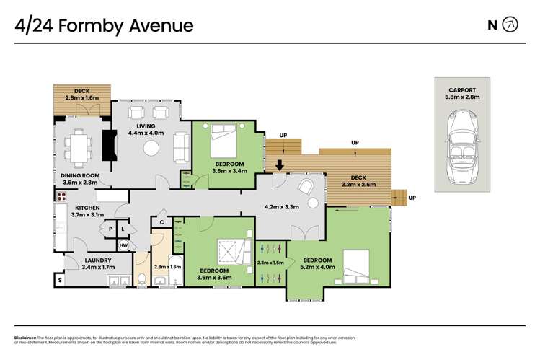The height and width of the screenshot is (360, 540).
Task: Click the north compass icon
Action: [511, 25]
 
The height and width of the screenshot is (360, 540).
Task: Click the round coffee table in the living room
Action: [151, 148]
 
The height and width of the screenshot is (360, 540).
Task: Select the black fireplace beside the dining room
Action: [108, 144]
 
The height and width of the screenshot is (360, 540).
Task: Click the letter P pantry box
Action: [110, 229]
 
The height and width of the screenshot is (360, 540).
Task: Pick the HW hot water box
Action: [123, 245]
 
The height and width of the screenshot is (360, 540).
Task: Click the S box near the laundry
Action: [59, 279]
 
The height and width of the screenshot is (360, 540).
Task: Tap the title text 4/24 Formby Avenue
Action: [105, 26]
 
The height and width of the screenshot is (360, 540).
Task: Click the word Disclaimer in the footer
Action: [27, 338]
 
